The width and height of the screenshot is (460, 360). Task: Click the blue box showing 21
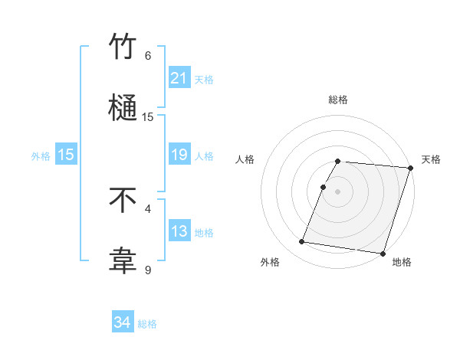[179, 78]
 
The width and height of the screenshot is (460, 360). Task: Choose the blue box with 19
[179, 155]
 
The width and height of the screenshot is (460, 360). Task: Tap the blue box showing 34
[123, 323]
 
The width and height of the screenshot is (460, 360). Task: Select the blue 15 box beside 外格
[66, 155]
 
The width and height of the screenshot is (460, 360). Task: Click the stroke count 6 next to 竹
[148, 55]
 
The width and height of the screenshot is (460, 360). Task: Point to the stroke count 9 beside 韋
[148, 270]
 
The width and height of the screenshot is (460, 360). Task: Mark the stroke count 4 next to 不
[148, 208]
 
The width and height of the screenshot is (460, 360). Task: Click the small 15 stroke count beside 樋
[148, 117]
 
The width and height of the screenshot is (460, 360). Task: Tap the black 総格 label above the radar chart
[338, 100]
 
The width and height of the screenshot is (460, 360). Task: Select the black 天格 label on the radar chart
[431, 159]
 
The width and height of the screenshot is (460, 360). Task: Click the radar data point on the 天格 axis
[410, 168]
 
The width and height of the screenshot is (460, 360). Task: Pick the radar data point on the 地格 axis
[383, 253]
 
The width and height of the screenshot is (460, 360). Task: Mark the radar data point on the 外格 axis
[302, 242]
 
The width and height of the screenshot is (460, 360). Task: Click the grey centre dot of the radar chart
[338, 191]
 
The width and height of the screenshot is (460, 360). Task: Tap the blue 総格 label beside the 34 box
[147, 324]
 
